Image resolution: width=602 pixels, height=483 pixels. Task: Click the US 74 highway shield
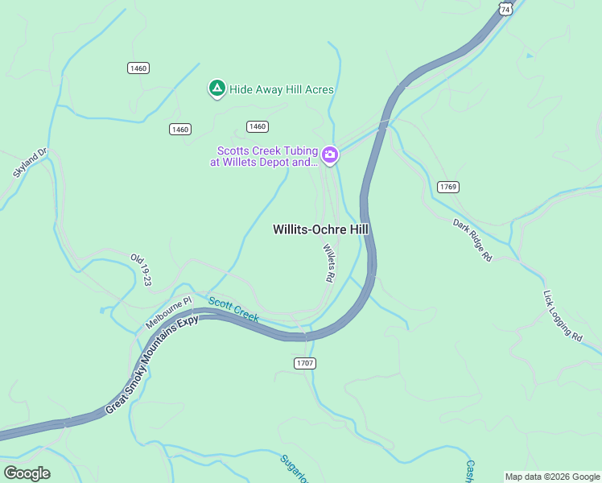[504, 8]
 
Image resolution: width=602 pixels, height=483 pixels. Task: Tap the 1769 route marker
[448, 187]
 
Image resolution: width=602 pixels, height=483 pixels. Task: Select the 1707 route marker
[304, 363]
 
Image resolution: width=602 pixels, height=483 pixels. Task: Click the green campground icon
[216, 89]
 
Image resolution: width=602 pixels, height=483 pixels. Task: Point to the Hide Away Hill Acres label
[282, 90]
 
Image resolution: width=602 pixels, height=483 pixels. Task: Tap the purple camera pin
[329, 155]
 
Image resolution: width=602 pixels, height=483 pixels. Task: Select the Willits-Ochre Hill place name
[320, 229]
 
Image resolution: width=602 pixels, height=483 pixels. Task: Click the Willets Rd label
[328, 262]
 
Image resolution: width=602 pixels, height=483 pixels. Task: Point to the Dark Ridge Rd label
[472, 240]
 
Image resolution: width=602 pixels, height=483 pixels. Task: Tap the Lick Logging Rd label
[562, 316]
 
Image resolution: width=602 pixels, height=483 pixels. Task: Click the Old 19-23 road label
[141, 269]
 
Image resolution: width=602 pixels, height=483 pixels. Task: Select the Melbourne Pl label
[169, 312]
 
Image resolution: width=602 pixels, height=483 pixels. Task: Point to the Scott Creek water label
[233, 310]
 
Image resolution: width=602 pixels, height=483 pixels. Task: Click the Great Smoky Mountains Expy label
[152, 365]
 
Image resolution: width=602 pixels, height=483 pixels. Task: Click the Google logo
[27, 473]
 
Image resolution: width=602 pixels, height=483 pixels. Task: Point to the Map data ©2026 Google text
[553, 477]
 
